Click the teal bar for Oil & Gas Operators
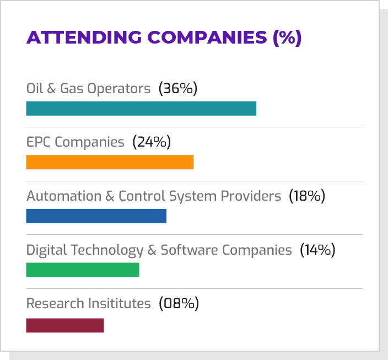pos(141,109)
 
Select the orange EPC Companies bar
pos(110,162)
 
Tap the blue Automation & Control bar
pos(96,216)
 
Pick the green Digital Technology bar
pos(83,270)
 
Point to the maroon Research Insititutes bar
pos(65,325)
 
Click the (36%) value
pos(177,88)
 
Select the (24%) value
pos(152,142)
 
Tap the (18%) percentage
pos(307,196)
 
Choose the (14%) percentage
pos(317,250)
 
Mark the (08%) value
pos(179,303)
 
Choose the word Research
pos(51,303)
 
